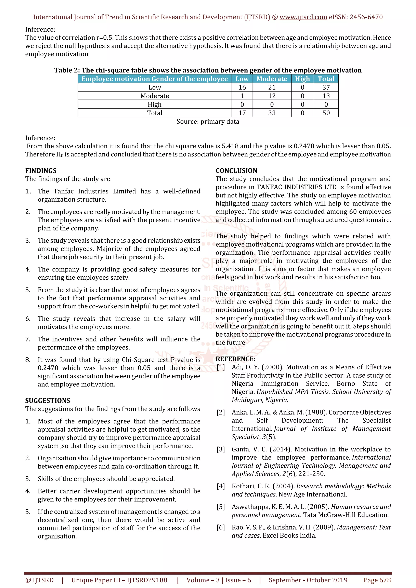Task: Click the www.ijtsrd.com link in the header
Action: point(303,17)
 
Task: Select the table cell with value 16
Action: point(242,87)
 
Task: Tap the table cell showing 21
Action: point(272,87)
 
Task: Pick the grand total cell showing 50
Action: point(326,113)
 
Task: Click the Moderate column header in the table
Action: point(272,79)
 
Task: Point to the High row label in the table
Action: point(155,104)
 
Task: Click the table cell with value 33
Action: point(272,113)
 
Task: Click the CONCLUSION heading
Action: point(236,171)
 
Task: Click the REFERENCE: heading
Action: point(235,359)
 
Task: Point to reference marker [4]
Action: point(221,486)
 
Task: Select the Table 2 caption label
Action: point(67,70)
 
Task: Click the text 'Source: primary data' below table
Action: point(208,122)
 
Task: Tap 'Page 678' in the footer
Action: point(377,580)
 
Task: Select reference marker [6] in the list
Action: point(221,527)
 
